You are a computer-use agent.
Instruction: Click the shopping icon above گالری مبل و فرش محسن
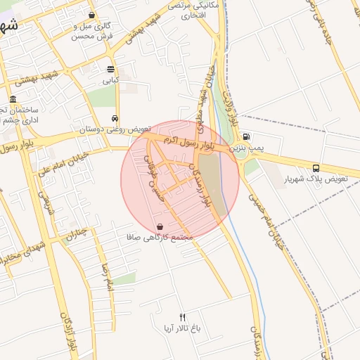pos(92,15)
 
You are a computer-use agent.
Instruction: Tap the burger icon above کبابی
pos(111,69)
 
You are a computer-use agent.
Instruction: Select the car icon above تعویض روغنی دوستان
pos(115,118)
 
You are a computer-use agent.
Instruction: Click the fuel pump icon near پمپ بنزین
pos(245,137)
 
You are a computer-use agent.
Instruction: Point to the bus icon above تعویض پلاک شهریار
pos(316,168)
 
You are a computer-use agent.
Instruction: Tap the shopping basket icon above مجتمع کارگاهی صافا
pos(161,227)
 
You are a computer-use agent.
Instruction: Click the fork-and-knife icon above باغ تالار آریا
pos(183,317)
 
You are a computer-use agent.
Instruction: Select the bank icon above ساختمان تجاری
pos(13,100)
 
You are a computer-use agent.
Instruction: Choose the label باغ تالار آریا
pos(183,328)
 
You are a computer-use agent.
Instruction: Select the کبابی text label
pos(111,80)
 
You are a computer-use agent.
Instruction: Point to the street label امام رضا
pos(108,277)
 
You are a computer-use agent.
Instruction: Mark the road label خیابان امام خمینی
pos(266,211)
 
